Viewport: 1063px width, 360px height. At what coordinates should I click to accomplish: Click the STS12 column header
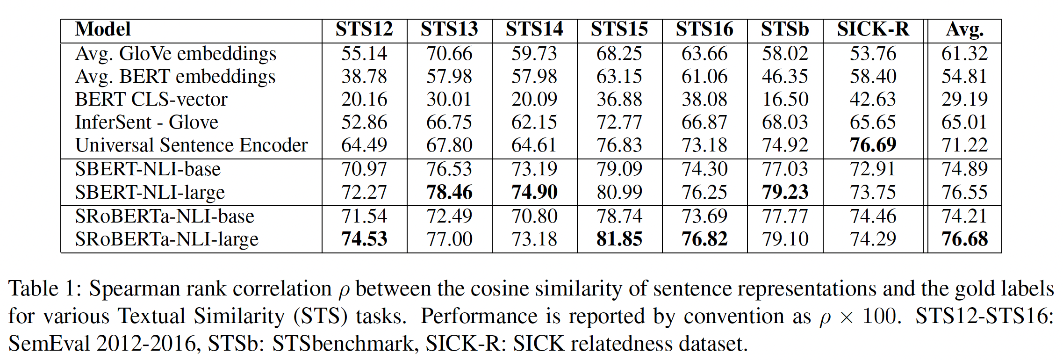[364, 29]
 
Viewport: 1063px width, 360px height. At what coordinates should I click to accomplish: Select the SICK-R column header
[873, 29]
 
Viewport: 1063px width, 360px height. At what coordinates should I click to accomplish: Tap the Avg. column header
[964, 29]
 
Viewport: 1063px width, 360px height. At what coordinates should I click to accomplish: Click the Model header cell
[103, 29]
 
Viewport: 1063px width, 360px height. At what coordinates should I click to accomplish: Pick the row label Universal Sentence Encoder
[191, 145]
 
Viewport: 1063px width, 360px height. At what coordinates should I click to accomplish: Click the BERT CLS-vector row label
[151, 100]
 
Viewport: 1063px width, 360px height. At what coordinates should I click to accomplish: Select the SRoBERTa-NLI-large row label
[166, 239]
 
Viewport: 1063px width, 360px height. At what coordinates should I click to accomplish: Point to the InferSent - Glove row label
[146, 122]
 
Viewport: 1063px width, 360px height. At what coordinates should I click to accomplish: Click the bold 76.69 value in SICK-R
[873, 145]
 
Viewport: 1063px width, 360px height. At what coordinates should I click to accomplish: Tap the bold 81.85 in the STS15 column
[619, 239]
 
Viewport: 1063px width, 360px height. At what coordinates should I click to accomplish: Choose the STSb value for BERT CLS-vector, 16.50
[785, 100]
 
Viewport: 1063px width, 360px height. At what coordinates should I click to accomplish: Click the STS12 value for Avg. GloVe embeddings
[364, 54]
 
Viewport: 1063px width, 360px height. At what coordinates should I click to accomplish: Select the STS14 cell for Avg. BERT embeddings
[534, 77]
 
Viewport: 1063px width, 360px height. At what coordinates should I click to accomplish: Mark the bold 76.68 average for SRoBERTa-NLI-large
[964, 239]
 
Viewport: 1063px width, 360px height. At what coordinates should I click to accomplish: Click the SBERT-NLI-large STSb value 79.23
[785, 193]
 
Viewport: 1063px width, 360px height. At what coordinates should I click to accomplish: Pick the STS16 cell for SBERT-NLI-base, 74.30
[704, 169]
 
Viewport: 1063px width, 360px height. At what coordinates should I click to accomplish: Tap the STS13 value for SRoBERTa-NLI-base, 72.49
[449, 216]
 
